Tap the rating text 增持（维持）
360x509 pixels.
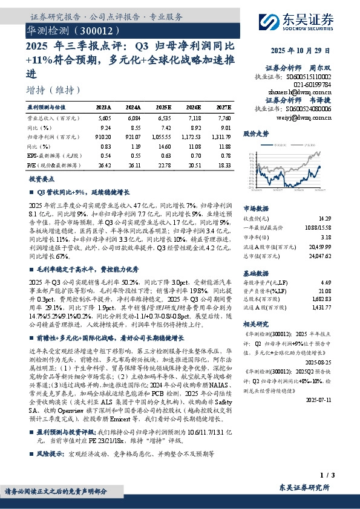coord(54,90)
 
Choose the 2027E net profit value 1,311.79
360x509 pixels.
coord(220,137)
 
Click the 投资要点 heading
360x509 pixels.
coord(42,180)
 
